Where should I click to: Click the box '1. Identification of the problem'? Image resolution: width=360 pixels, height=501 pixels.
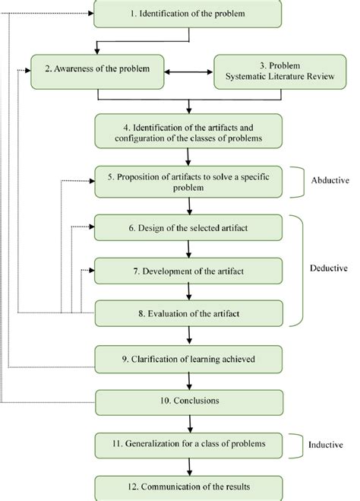(188, 14)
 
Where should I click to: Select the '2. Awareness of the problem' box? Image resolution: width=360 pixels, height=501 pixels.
(98, 68)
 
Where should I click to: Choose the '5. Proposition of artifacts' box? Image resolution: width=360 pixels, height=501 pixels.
(188, 182)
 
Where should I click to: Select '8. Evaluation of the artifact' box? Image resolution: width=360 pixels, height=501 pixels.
(188, 312)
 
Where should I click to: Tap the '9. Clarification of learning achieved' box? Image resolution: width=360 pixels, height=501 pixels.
(188, 357)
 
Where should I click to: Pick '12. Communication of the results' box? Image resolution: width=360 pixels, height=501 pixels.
(188, 485)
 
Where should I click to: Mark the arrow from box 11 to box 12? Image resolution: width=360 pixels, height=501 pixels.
(188, 465)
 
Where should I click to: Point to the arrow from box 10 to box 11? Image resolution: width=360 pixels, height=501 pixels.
(188, 420)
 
